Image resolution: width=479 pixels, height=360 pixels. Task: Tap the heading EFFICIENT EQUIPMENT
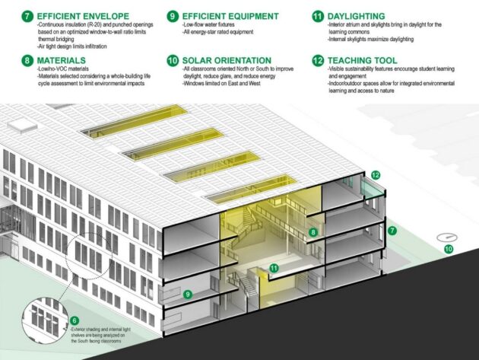[x=228, y=14]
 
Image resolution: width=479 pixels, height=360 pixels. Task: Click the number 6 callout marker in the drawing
[x=75, y=320]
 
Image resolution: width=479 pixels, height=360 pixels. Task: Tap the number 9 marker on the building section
[x=187, y=293]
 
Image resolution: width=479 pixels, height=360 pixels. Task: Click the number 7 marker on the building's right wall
[x=392, y=229]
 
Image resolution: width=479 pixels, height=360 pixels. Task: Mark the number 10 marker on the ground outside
[x=448, y=248]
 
